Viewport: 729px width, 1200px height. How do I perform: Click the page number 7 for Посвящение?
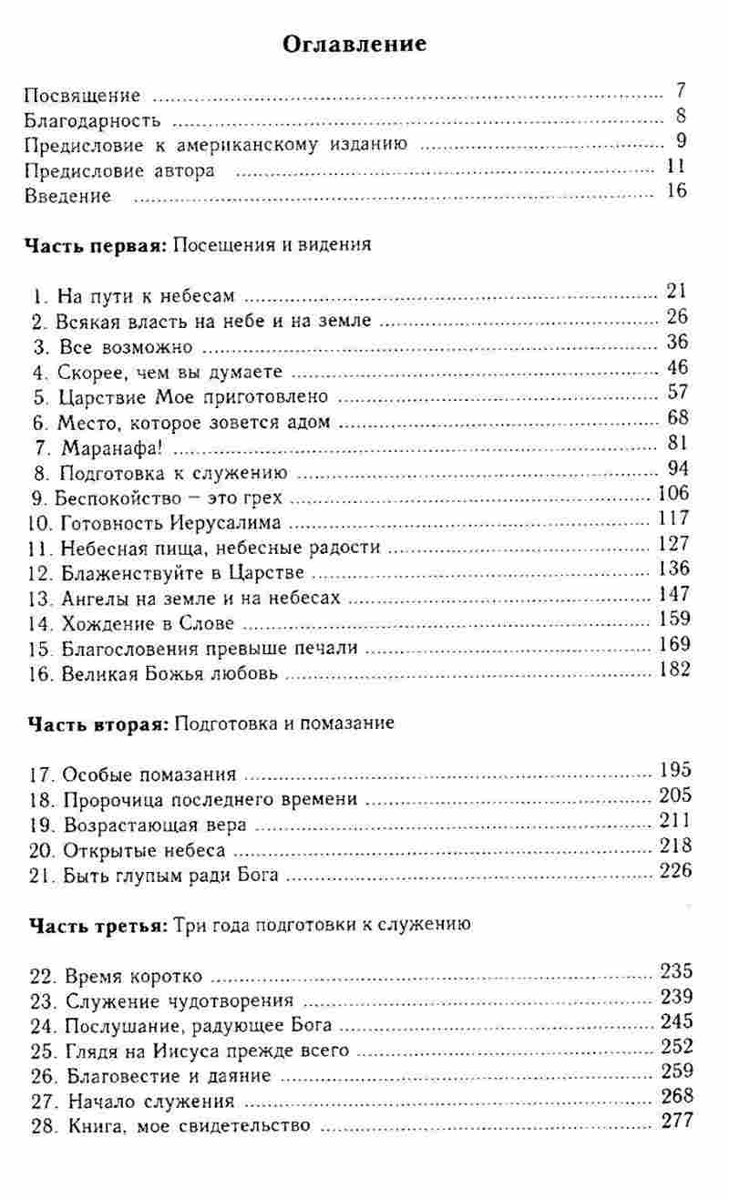point(680,91)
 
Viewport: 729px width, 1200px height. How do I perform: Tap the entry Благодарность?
point(92,119)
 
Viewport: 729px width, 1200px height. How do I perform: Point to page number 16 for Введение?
point(675,193)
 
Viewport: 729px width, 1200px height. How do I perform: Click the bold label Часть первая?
point(95,245)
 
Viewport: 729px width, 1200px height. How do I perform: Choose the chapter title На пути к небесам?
point(152,296)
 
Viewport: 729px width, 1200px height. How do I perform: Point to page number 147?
point(673,596)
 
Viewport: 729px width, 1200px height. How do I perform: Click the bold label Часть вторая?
point(95,724)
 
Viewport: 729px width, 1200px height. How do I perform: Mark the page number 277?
point(675,1122)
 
